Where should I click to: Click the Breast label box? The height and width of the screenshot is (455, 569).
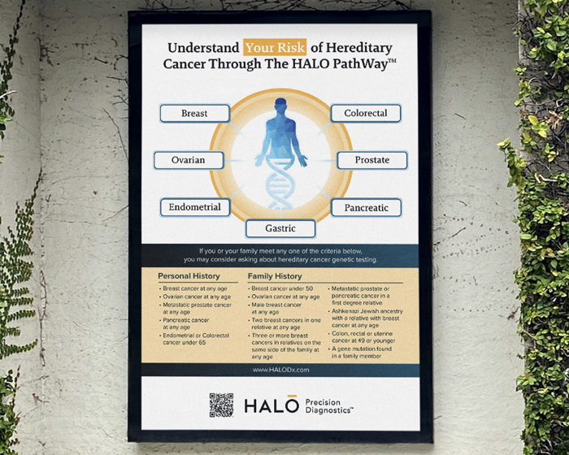click(x=194, y=114)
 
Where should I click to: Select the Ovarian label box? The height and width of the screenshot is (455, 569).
click(x=188, y=160)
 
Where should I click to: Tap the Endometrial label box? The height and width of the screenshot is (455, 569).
click(x=195, y=207)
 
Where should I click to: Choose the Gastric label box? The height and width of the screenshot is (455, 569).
click(x=280, y=228)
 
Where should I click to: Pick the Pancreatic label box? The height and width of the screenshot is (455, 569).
click(x=366, y=208)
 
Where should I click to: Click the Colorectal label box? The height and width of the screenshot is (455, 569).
click(x=365, y=114)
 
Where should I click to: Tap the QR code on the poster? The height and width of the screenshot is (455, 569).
click(x=221, y=404)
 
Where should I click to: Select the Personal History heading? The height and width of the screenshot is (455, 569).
click(x=189, y=276)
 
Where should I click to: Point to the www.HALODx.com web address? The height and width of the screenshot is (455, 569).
click(x=280, y=370)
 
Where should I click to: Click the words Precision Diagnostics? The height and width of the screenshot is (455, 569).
click(x=329, y=405)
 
